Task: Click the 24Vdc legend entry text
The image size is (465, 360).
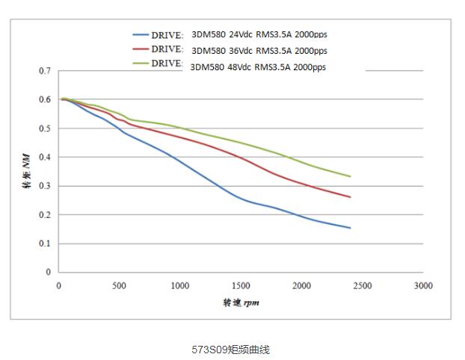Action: [x=259, y=34]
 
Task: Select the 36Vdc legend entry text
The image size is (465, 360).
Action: [x=259, y=51]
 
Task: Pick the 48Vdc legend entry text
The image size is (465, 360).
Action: [x=259, y=66]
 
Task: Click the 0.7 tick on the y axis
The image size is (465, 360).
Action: [x=45, y=71]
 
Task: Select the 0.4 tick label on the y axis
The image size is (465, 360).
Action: [x=45, y=158]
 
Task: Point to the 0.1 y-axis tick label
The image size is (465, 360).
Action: [x=45, y=243]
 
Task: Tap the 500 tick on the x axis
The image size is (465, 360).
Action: [x=119, y=285]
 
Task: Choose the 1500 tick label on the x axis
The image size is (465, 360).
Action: [x=241, y=285]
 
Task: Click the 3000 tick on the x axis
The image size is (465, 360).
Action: [x=423, y=285]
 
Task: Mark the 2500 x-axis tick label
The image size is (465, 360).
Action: [x=363, y=285]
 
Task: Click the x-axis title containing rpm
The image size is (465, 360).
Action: [x=241, y=302]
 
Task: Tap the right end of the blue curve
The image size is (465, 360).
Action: [x=350, y=228]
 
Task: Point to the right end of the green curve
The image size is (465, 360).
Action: [x=350, y=176]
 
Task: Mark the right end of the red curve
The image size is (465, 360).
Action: [x=350, y=197]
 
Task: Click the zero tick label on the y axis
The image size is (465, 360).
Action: [x=49, y=273]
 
